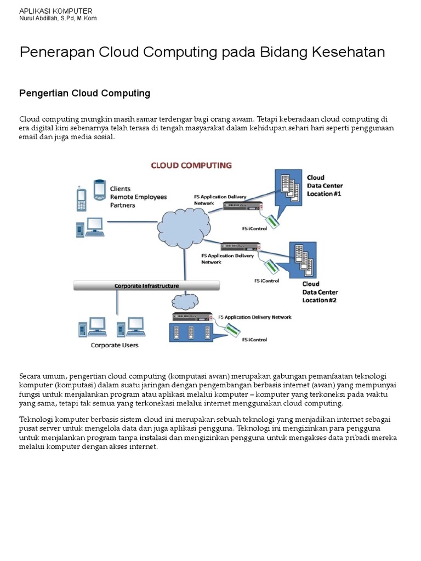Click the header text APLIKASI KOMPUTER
click(56, 11)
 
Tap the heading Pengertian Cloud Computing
click(84, 94)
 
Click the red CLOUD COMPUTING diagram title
click(191, 165)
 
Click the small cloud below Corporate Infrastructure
click(185, 301)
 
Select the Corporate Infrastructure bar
click(146, 285)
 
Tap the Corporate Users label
click(115, 345)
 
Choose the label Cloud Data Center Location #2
click(320, 292)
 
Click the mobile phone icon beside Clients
click(81, 199)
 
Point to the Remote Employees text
click(138, 197)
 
